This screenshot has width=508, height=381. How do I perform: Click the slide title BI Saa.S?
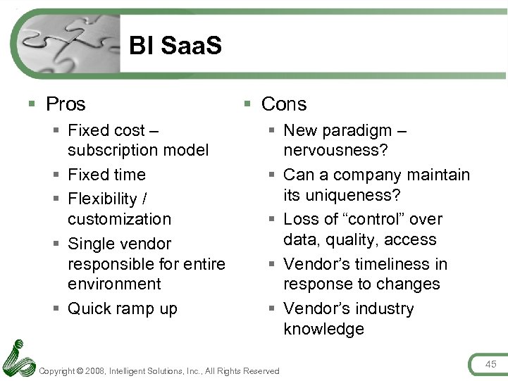tap(175, 46)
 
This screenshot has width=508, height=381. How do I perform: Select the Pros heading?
tap(66, 104)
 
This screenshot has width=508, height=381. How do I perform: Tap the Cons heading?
tap(284, 104)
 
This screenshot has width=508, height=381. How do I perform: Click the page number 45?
tap(490, 363)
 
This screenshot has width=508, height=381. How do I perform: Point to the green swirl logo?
tap(18, 358)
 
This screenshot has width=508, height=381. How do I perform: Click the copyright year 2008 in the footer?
tap(97, 371)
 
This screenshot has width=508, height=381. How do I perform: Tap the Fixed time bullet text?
tap(106, 175)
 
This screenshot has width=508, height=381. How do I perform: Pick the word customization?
tap(119, 219)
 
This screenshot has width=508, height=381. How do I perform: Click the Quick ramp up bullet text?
tap(122, 308)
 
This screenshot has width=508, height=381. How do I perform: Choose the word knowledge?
tap(323, 329)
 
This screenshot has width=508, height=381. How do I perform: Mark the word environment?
tap(114, 284)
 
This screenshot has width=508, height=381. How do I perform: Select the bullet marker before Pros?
tap(32, 104)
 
